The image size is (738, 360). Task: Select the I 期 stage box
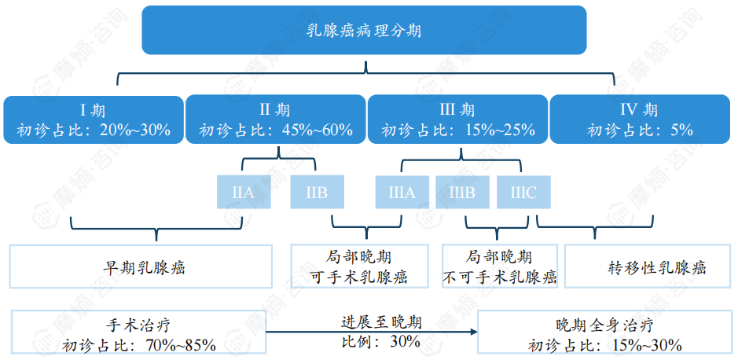(93, 119)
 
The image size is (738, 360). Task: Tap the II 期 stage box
(275, 119)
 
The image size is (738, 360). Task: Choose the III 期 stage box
(458, 119)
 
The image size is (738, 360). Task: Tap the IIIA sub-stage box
(401, 193)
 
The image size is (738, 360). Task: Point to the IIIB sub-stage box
(461, 193)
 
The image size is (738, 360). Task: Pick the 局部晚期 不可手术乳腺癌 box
(499, 266)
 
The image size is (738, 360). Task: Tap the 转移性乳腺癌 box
(647, 266)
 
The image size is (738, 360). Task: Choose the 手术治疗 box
(138, 333)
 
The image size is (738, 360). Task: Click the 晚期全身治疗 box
(604, 333)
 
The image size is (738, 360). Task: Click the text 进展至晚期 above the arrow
(380, 322)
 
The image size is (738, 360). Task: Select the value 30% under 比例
(402, 342)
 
